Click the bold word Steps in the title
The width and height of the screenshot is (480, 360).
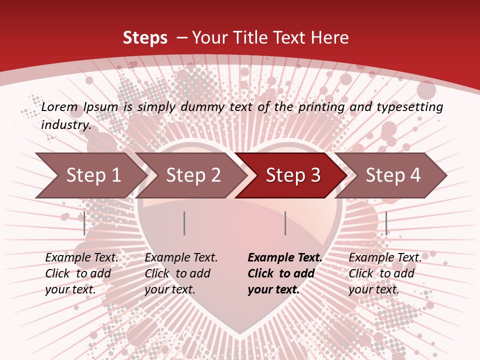click(145, 37)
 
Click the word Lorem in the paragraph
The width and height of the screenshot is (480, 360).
click(59, 106)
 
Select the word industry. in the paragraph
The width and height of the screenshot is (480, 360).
click(66, 124)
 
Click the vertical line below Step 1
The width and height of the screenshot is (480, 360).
click(84, 223)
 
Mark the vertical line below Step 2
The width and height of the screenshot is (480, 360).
click(184, 223)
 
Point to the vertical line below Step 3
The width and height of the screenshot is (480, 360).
click(285, 223)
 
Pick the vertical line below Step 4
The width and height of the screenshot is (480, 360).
click(386, 223)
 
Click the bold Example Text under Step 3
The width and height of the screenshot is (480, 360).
click(285, 258)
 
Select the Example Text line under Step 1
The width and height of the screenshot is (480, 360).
click(81, 258)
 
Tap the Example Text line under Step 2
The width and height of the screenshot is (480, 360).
click(181, 258)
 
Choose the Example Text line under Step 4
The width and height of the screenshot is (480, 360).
click(385, 258)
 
